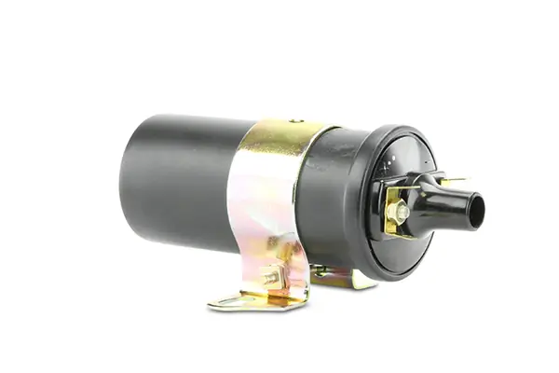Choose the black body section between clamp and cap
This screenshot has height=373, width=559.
click(321, 196)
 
